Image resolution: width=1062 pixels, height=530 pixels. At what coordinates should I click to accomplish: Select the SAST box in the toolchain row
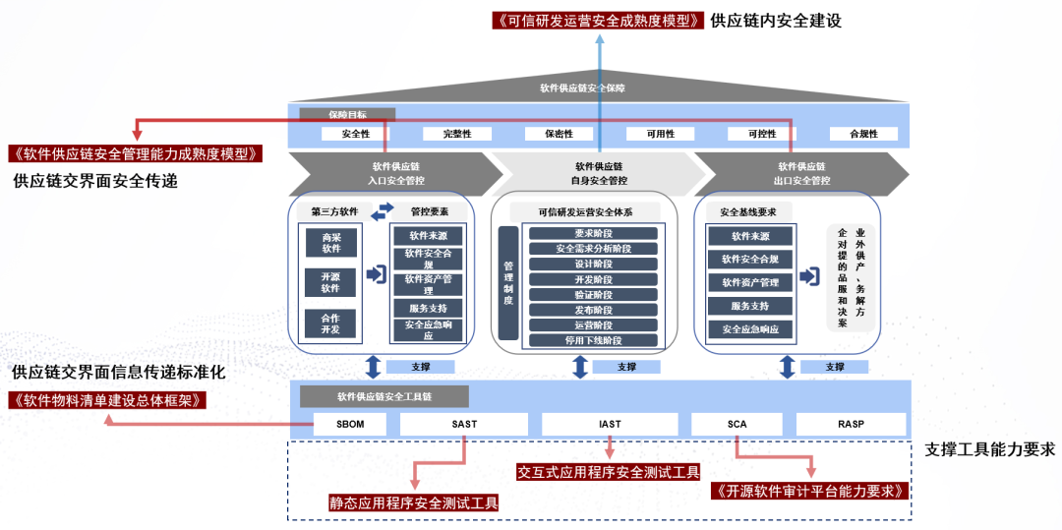pos(465,425)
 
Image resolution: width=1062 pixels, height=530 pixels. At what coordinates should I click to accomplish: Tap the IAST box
pos(610,425)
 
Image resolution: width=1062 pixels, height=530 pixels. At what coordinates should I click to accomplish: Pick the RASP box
pos(851,425)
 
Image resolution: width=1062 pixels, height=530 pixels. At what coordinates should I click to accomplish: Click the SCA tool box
pos(737,425)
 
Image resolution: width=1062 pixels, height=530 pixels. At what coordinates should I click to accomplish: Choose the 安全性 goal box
pos(356,134)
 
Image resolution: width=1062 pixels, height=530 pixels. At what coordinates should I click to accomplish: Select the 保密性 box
pos(560,134)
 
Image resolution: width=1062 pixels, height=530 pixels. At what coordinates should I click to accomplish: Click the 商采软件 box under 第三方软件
pos(330,242)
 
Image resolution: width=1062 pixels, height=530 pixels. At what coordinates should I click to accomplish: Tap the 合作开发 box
pos(330,324)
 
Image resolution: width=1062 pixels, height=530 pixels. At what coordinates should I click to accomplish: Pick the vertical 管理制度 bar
pos(508,283)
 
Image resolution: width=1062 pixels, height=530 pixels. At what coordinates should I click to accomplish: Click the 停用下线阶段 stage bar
pos(593,340)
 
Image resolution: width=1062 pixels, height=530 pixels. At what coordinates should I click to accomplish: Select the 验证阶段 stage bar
pos(593,294)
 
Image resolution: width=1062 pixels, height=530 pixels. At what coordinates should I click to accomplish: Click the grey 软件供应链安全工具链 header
pos(384,397)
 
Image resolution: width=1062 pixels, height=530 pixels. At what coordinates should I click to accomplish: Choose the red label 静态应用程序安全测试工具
pos(414,502)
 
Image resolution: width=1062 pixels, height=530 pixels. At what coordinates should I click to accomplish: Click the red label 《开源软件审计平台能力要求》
pos(808,491)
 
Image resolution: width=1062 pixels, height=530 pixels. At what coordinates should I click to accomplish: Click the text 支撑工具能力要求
pos(989,449)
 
